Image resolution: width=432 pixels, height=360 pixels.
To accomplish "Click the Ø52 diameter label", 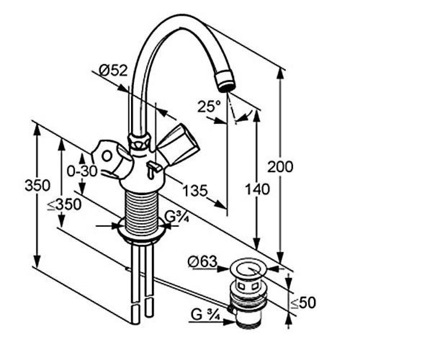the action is (x=113, y=71).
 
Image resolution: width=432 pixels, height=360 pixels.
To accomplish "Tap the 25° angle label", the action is (x=209, y=106).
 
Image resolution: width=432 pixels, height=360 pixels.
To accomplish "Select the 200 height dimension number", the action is (x=280, y=167).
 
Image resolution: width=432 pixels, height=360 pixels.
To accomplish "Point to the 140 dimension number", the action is (x=257, y=189).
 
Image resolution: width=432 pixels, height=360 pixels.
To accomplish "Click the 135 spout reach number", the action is (x=195, y=190).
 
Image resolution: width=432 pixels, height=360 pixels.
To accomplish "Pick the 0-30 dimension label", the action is (x=82, y=171).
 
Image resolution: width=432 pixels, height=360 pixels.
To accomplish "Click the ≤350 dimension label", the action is (x=64, y=204).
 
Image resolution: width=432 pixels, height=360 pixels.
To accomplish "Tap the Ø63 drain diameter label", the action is (x=202, y=261).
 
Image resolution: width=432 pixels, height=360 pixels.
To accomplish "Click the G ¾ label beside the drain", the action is (x=205, y=315).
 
